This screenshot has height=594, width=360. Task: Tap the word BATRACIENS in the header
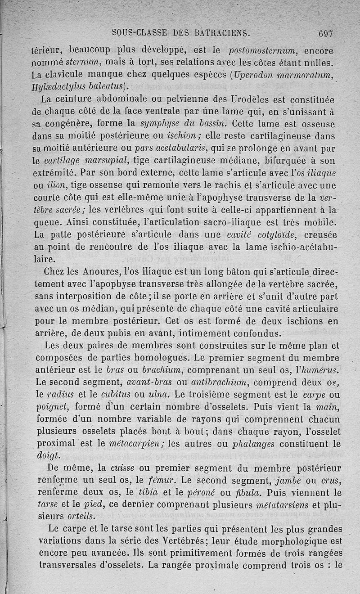[216, 33]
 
